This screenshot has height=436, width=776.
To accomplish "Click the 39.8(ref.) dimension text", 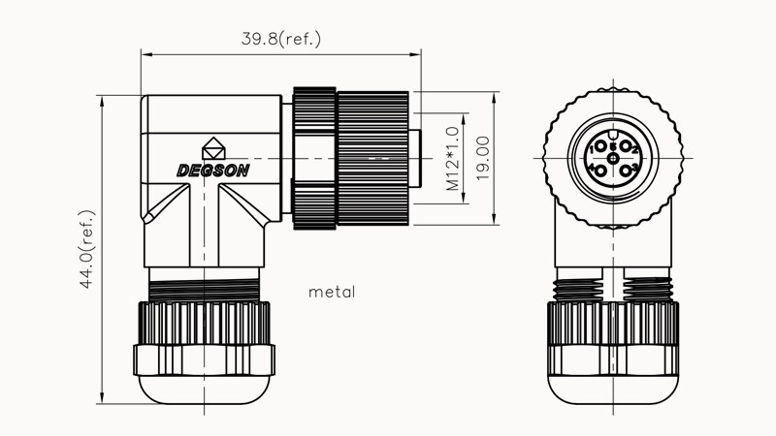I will point(281,40).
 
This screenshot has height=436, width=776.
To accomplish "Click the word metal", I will point(332,291).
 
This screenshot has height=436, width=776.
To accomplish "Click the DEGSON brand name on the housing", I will point(212,170).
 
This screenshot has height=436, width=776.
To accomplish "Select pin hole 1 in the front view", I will point(599,147).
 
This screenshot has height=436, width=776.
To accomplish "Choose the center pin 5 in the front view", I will point(613,159).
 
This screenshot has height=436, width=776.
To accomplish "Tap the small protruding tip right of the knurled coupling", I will point(416,155).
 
